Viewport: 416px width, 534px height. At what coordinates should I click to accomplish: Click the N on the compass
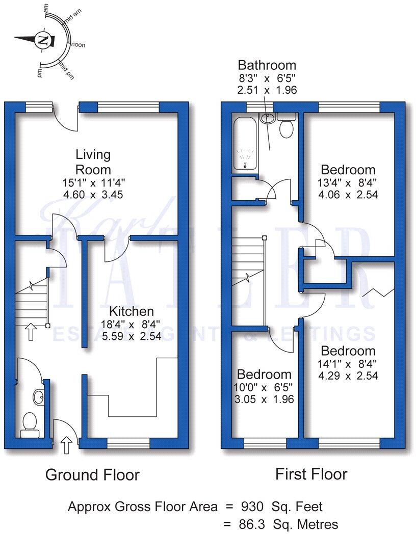44,39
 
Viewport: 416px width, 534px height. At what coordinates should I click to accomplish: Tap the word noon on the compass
79,45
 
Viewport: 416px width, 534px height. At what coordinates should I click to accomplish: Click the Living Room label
93,162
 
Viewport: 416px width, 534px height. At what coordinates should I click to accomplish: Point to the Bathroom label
267,65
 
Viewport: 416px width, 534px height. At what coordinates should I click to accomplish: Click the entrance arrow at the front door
66,444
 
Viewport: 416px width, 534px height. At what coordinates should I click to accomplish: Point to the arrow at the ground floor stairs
30,333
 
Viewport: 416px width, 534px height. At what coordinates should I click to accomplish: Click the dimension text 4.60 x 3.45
93,195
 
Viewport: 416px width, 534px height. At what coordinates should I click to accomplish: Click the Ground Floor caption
92,475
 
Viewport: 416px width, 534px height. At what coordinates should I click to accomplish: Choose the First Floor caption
311,474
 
